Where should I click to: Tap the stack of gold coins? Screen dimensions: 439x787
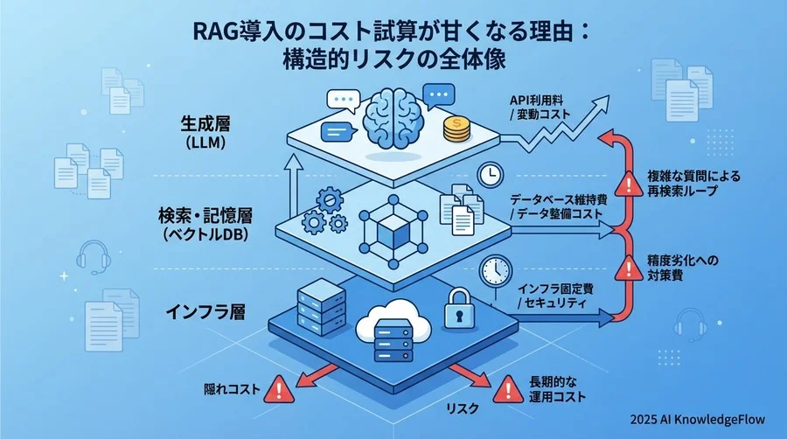click(x=456, y=129)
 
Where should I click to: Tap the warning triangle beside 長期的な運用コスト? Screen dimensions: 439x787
click(x=506, y=387)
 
